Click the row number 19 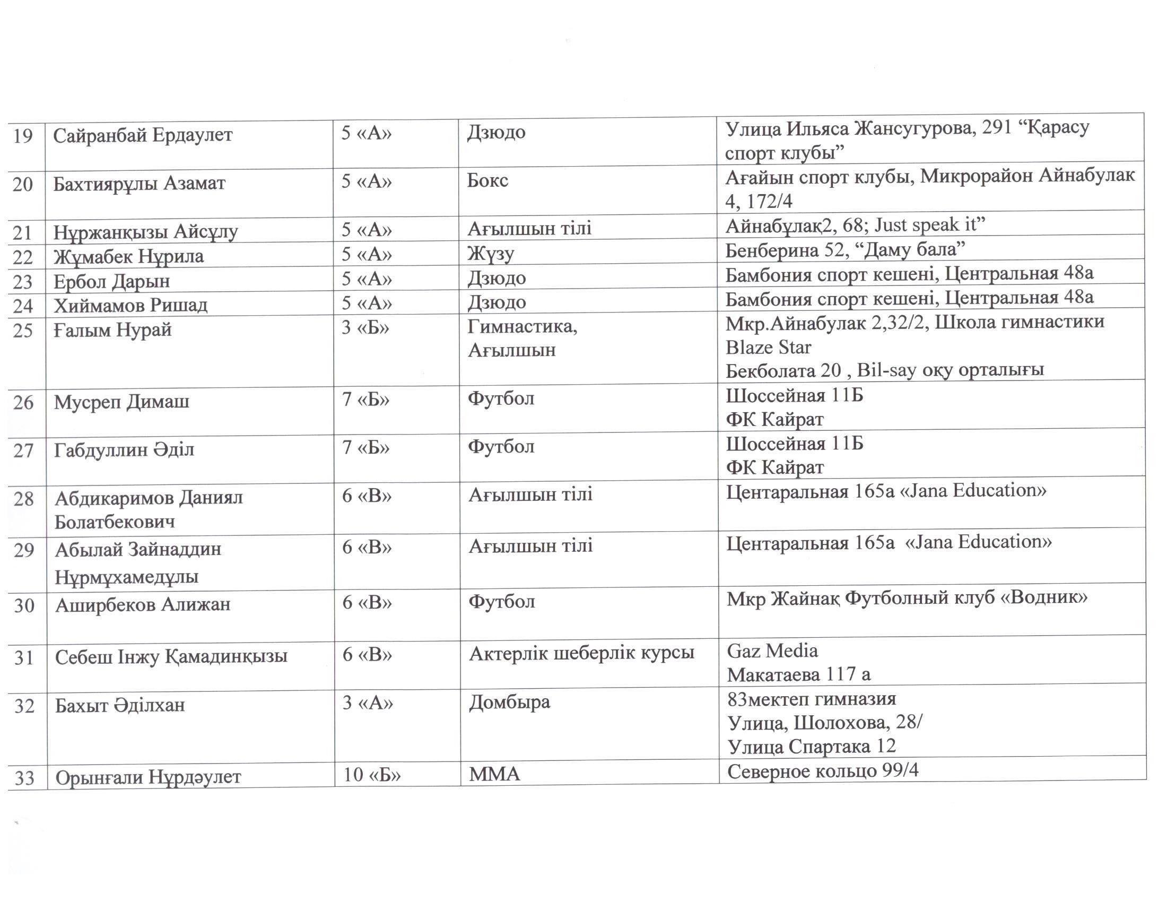click(22, 136)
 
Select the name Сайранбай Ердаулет click(143, 135)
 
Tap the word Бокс click(487, 180)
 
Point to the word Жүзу click(491, 253)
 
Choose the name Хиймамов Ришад click(130, 305)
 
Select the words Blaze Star click(768, 348)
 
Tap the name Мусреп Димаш click(121, 402)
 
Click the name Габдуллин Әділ click(124, 450)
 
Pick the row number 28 click(23, 499)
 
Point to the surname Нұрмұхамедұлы click(127, 577)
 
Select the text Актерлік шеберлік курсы click(581, 653)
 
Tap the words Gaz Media click(772, 651)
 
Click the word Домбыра click(509, 702)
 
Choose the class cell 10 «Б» click(371, 775)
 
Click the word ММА click(494, 774)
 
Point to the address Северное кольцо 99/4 click(822, 771)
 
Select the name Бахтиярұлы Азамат click(139, 184)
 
